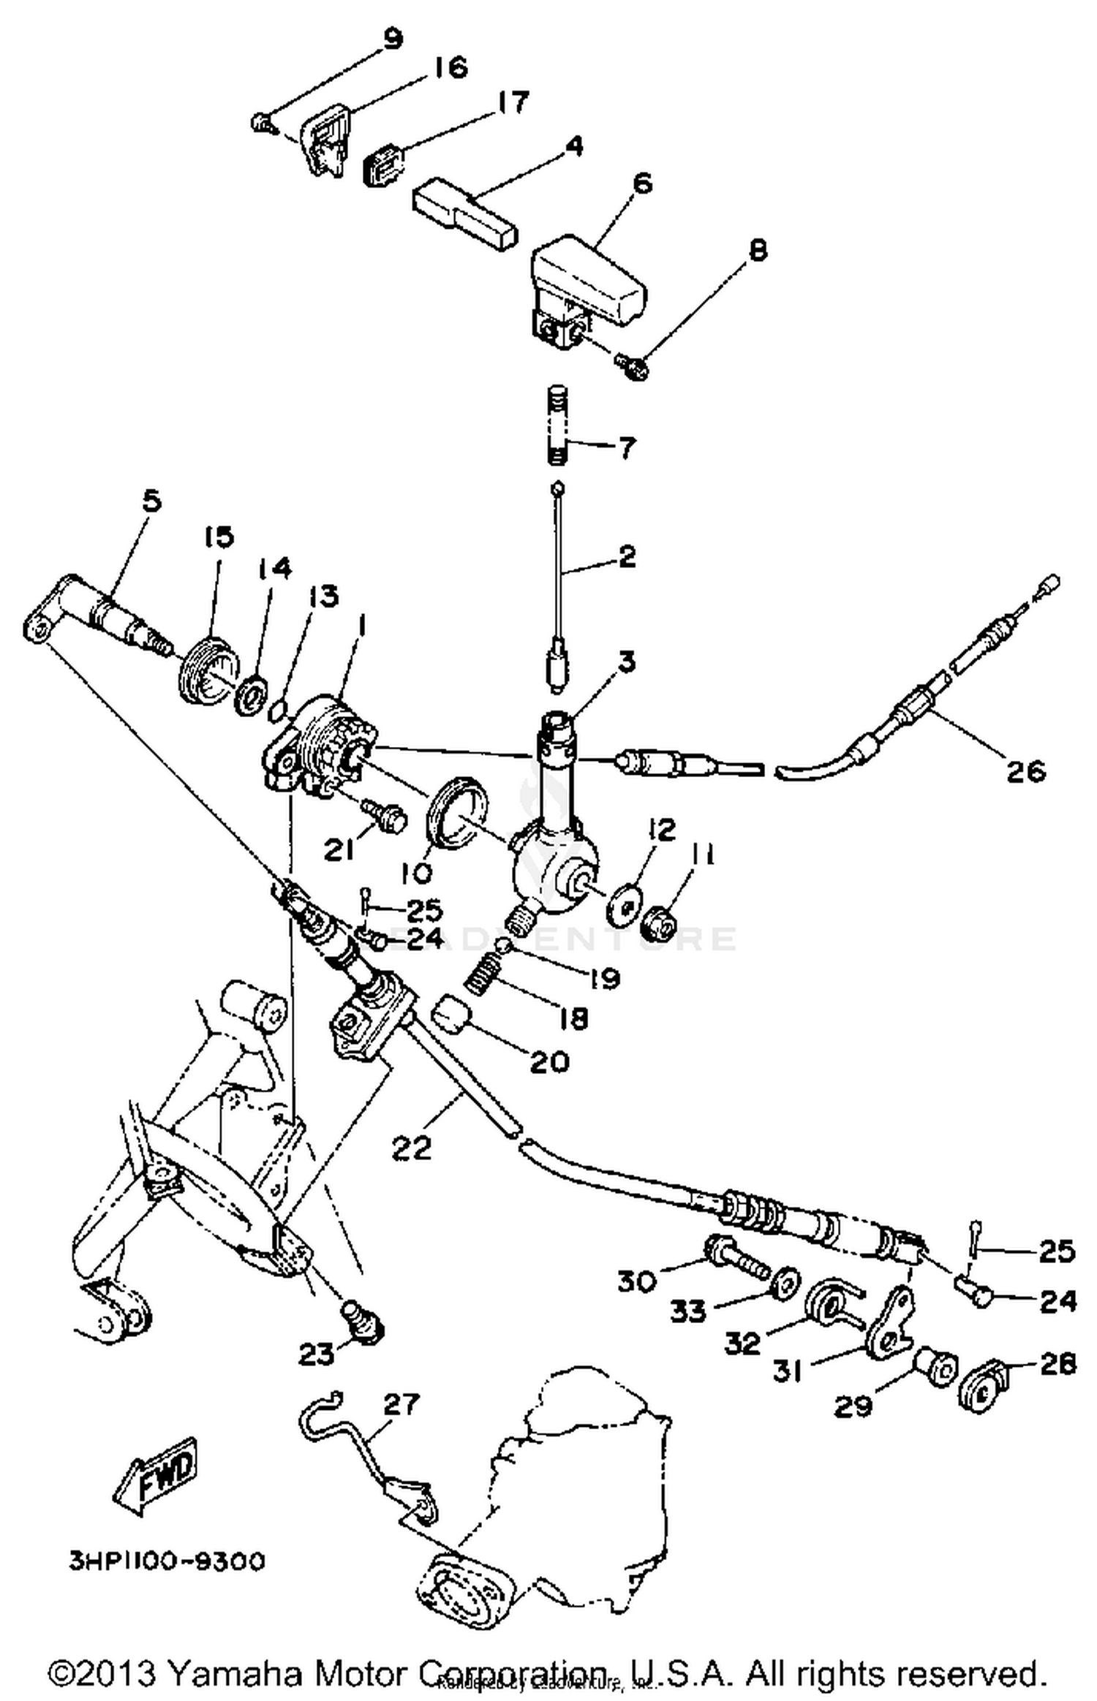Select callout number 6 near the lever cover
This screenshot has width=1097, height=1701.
pos(641,183)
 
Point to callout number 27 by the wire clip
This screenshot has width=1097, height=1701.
pos(402,1404)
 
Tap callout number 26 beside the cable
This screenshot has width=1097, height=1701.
pos(1025,770)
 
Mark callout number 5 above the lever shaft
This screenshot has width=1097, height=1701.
pos(152,502)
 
